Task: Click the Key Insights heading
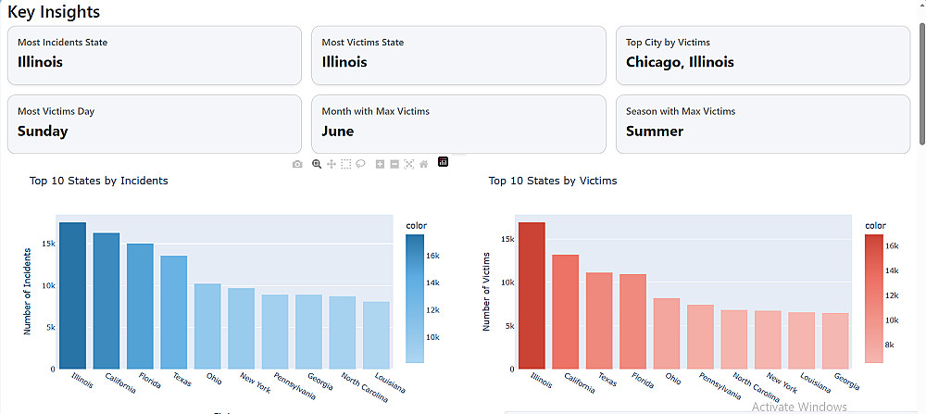click(x=54, y=12)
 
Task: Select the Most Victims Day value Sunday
click(x=43, y=132)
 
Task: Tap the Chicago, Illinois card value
click(x=680, y=62)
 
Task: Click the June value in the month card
click(x=338, y=132)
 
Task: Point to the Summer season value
click(x=655, y=132)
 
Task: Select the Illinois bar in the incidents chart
click(x=72, y=295)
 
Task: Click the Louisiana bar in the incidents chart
click(x=376, y=334)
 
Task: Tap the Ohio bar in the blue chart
click(x=207, y=325)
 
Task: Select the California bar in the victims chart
click(x=565, y=311)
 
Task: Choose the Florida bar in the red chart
click(x=632, y=320)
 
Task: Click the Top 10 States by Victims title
click(x=553, y=181)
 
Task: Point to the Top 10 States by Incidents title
click(x=98, y=181)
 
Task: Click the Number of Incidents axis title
click(x=28, y=290)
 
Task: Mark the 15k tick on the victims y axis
click(x=506, y=239)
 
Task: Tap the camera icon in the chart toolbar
click(x=297, y=164)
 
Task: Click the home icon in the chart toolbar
click(x=423, y=164)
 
